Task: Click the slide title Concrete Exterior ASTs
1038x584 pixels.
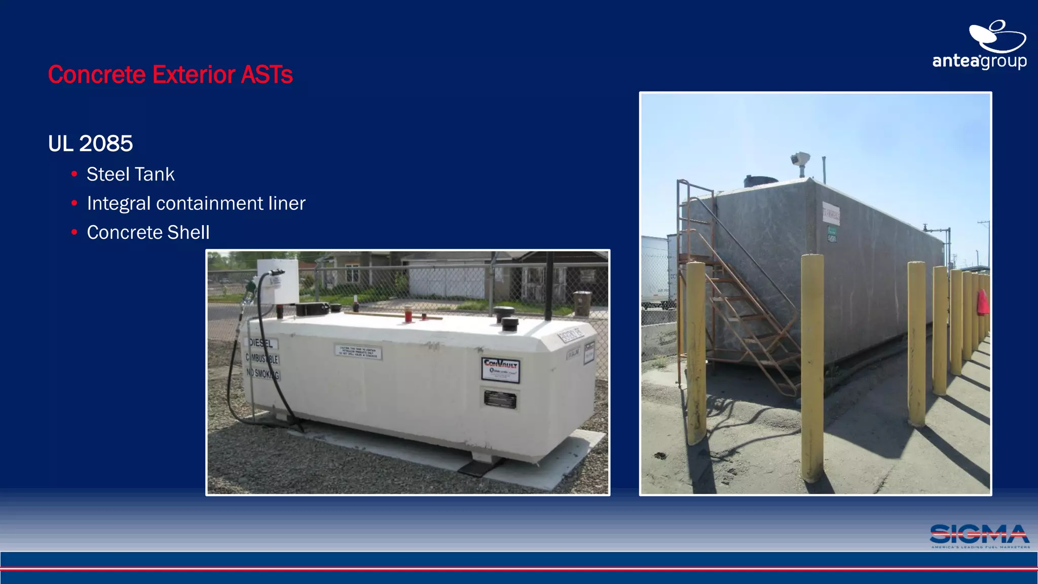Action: coord(170,75)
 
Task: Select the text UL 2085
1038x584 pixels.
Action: coord(90,143)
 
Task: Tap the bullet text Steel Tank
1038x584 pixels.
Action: coord(130,174)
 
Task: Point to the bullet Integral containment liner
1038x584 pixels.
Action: coord(196,203)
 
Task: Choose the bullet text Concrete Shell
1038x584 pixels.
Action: coord(148,233)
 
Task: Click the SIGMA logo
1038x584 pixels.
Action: coord(980,536)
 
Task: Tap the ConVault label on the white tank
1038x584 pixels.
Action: coord(500,370)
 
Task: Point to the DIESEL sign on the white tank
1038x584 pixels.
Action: coord(261,343)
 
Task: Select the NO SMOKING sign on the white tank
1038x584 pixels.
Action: coord(263,374)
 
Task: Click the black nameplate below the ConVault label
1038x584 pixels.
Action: coord(500,399)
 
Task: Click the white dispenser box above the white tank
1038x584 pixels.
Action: coord(278,281)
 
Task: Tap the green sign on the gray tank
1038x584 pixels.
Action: coord(832,234)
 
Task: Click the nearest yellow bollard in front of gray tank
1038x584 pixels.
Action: coord(812,368)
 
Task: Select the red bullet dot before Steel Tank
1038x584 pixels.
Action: coord(75,174)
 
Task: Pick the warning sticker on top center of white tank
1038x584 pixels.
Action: coord(358,352)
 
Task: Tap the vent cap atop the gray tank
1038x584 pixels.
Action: coord(800,160)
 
